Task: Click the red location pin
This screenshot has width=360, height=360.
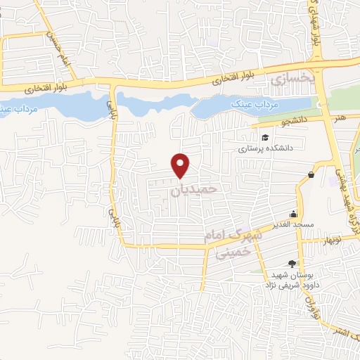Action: [x=181, y=165]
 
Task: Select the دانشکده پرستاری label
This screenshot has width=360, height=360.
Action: [x=259, y=149]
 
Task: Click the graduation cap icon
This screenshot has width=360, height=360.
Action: [x=265, y=137]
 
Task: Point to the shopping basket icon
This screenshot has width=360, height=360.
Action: [x=311, y=174]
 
